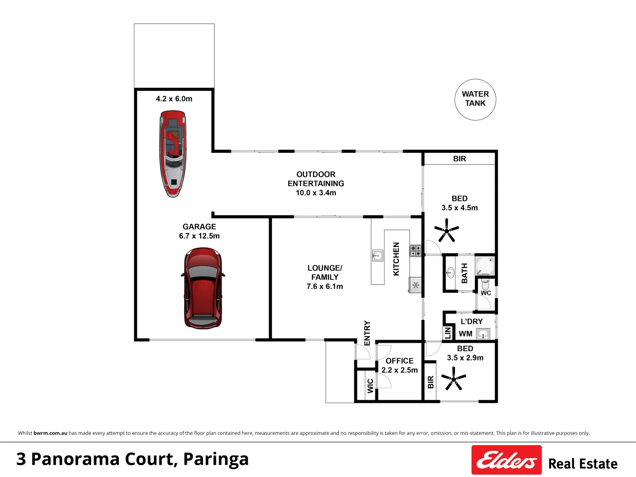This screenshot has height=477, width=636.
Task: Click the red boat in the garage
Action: (173, 153)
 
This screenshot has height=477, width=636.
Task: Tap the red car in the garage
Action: (203, 288)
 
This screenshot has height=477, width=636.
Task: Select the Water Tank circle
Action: (475, 99)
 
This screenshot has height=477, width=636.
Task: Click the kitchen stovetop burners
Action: (415, 251)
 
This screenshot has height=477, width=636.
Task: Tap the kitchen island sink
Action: (377, 255)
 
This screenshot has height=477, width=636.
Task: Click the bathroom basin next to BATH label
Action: (450, 273)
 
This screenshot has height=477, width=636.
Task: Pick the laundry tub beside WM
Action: (483, 334)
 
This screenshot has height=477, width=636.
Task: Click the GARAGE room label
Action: (199, 227)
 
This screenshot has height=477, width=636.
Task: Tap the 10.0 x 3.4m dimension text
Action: (316, 193)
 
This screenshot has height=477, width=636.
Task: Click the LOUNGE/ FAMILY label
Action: (325, 273)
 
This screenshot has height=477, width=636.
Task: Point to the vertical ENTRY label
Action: (367, 333)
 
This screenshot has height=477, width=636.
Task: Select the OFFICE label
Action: (399, 361)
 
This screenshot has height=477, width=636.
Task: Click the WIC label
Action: (370, 386)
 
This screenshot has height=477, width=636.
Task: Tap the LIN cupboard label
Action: (448, 333)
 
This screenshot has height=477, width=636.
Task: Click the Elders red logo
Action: (506, 460)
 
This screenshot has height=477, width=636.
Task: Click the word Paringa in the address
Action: (216, 459)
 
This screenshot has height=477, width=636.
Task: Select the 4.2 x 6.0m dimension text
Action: (174, 99)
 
